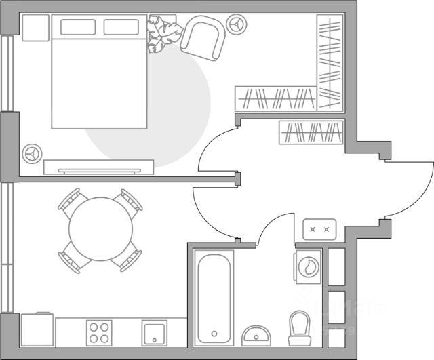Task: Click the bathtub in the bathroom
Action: (x=214, y=296)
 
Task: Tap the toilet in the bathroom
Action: (x=298, y=327)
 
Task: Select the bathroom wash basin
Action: (x=257, y=336)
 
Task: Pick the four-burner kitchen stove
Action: (x=98, y=334)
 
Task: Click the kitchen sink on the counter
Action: (x=155, y=334)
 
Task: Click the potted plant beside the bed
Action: (x=163, y=35)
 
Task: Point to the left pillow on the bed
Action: (x=80, y=27)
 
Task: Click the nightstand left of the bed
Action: (x=35, y=27)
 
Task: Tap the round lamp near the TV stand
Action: (x=31, y=153)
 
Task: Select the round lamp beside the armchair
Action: (x=237, y=23)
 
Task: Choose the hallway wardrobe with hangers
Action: (x=310, y=132)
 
